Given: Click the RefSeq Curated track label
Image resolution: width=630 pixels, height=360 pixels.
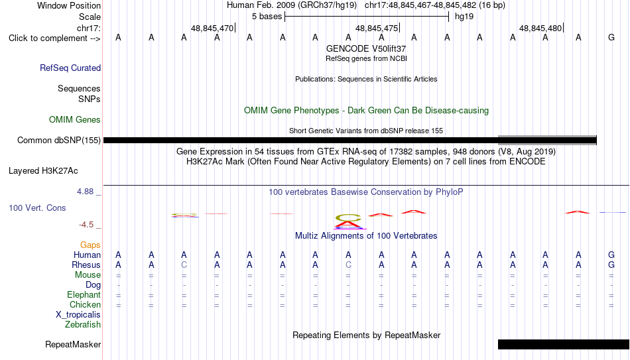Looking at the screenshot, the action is click(x=70, y=68).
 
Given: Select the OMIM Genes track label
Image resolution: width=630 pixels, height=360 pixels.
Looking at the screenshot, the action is click(x=75, y=120).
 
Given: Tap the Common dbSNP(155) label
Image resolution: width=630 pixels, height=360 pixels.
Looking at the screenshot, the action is click(x=59, y=141).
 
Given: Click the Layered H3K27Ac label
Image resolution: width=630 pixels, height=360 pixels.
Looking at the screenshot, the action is click(x=43, y=171).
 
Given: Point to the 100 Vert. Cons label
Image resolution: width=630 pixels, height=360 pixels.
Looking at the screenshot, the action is click(x=37, y=208).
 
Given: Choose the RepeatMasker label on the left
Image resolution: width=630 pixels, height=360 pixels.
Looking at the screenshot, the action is click(x=73, y=344).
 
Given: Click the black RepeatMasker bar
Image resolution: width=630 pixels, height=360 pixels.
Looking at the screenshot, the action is click(x=564, y=344).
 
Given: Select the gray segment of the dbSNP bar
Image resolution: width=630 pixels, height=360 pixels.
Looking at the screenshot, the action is click(x=547, y=140).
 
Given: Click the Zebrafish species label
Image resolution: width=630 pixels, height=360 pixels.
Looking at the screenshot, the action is click(x=83, y=324).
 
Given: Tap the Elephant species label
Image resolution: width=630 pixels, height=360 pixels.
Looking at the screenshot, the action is click(x=84, y=294).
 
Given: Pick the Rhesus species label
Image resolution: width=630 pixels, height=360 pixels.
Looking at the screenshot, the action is click(x=86, y=265).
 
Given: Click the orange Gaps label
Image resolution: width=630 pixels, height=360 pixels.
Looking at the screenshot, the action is click(x=90, y=245).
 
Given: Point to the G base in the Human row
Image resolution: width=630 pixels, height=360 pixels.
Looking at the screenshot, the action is click(x=611, y=255).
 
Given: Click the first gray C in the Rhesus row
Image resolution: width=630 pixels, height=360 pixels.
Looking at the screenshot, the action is click(x=184, y=265).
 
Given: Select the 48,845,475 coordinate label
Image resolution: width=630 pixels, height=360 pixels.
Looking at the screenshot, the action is click(x=377, y=28).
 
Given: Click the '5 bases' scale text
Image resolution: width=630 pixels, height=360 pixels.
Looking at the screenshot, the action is click(x=267, y=17).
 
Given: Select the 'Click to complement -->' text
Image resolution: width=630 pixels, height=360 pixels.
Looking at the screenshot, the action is click(x=54, y=38).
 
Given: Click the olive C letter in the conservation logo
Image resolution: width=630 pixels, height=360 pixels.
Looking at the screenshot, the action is click(x=348, y=217).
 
